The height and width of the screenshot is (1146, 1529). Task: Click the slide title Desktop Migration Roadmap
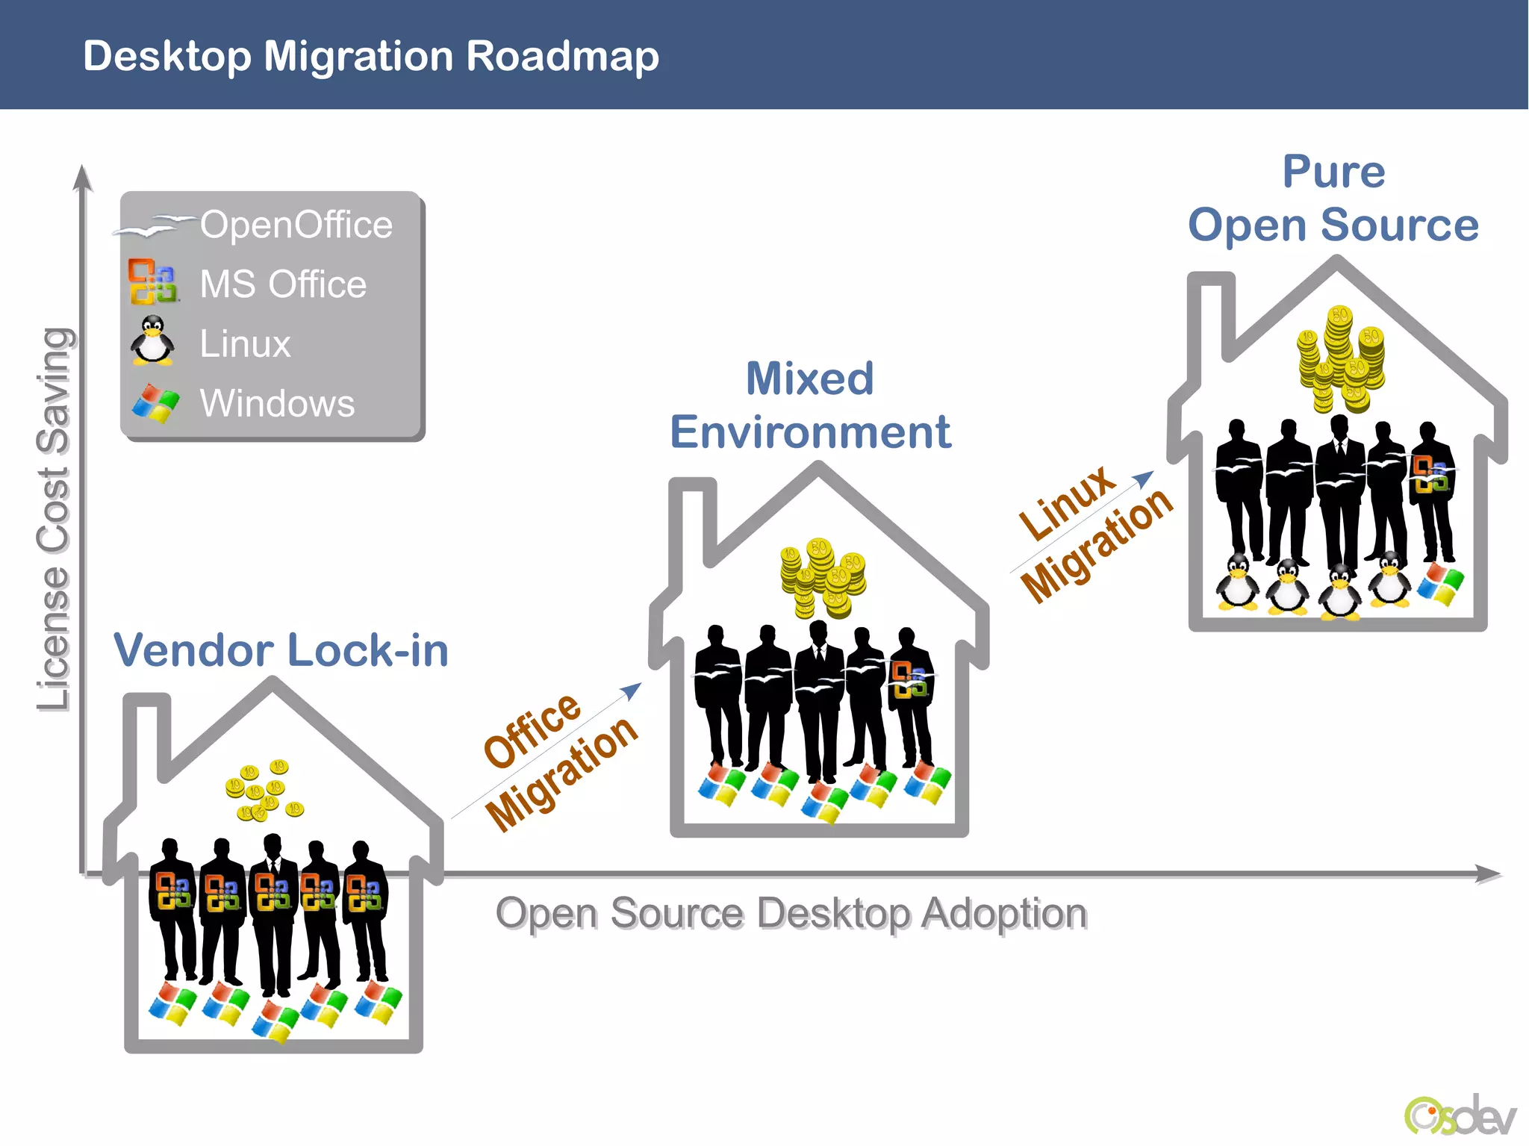click(x=371, y=56)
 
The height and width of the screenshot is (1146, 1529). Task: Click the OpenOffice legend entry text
click(x=296, y=225)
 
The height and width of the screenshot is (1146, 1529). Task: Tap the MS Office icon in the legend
click(x=153, y=281)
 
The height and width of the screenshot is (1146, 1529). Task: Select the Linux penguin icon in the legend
click(x=153, y=341)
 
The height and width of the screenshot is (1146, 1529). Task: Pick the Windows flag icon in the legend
click(x=155, y=403)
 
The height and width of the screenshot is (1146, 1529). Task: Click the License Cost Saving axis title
click(x=54, y=519)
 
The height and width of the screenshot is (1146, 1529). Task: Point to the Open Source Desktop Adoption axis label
click(x=791, y=913)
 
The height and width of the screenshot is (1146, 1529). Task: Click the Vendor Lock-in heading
click(x=281, y=650)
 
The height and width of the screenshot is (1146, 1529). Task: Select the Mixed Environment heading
click(x=810, y=405)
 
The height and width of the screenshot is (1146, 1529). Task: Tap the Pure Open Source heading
click(x=1333, y=199)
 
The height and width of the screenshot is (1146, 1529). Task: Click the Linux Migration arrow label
click(x=1094, y=533)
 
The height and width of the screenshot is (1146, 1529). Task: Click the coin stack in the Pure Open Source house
click(x=1341, y=358)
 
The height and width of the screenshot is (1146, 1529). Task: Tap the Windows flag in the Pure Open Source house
click(x=1440, y=583)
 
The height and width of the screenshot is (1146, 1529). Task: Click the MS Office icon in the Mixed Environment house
click(x=909, y=679)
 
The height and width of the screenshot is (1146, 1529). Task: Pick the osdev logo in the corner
click(x=1460, y=1115)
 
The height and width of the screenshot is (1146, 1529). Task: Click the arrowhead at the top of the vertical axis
click(x=83, y=178)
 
